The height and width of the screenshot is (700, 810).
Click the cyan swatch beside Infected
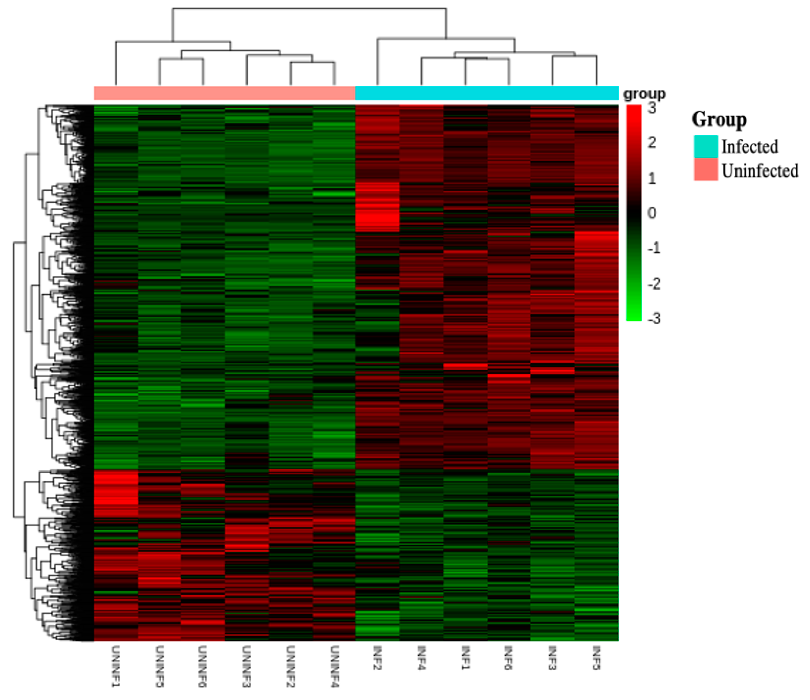click(x=706, y=146)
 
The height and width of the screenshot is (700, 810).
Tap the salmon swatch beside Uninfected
click(x=706, y=169)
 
